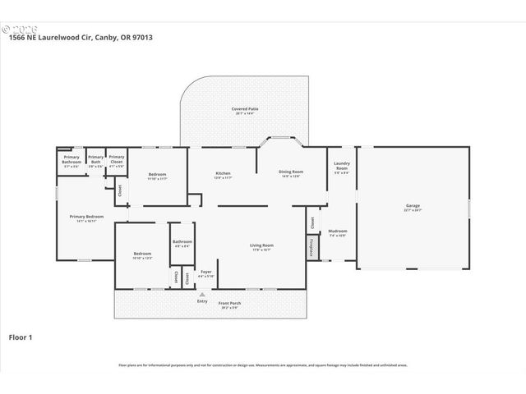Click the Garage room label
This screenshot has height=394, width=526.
click(413, 206)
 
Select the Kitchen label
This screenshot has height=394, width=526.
click(223, 173)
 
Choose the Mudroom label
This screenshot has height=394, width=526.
click(338, 231)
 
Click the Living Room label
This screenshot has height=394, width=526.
click(262, 245)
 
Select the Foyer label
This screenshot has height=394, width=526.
click(205, 272)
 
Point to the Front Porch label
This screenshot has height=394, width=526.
click(229, 304)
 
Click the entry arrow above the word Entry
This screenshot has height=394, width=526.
click(202, 293)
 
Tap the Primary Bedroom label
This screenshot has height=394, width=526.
click(87, 218)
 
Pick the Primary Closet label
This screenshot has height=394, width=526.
click(117, 158)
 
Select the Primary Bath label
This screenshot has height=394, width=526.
click(96, 158)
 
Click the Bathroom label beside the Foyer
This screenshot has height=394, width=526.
click(182, 241)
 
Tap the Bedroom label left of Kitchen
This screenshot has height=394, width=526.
click(157, 174)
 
